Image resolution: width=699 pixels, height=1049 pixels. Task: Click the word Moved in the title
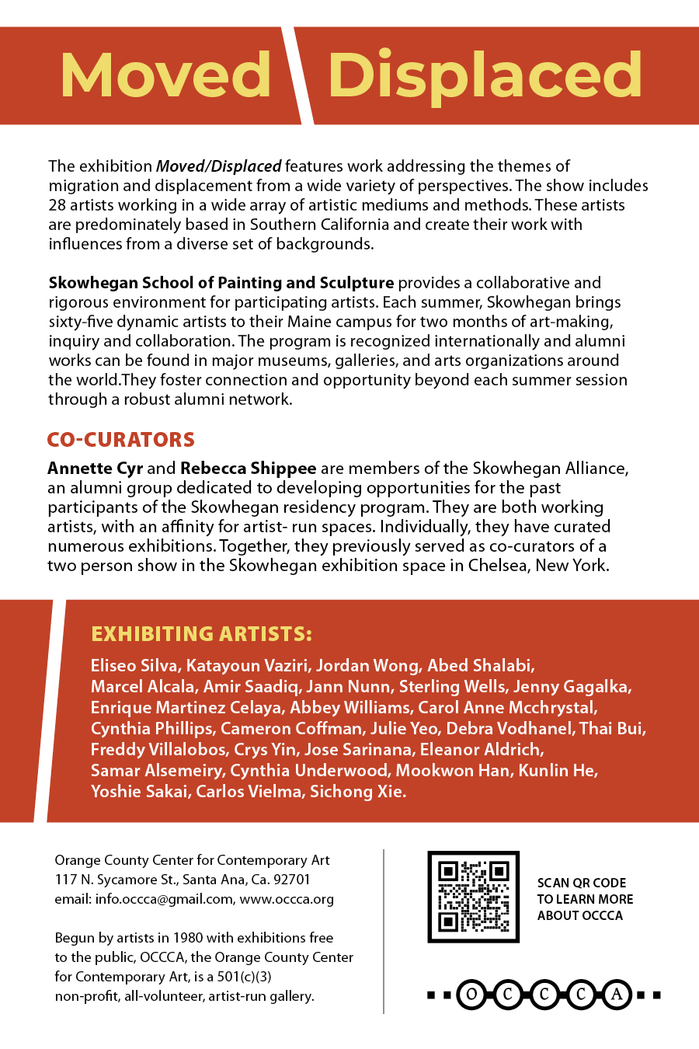point(165,75)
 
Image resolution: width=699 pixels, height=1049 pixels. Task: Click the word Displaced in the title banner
point(485,75)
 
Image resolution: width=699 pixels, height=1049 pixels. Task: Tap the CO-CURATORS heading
point(121,440)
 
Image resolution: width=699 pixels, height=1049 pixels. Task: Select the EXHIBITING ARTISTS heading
point(202,634)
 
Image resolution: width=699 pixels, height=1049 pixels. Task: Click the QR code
point(473,897)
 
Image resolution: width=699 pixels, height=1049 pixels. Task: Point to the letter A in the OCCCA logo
point(617,995)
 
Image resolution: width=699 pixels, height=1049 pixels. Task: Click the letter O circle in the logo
point(471,995)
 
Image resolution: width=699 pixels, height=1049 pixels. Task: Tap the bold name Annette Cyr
point(95,469)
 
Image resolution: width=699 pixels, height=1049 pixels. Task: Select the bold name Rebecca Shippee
point(249,469)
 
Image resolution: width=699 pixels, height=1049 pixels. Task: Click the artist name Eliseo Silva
point(134,666)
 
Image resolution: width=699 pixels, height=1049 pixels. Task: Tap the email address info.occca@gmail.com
point(164,899)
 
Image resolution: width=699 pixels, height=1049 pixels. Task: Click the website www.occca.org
point(287,899)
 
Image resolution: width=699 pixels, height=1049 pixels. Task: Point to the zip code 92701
point(293,880)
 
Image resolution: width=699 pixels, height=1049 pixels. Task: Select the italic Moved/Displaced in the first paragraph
point(218,166)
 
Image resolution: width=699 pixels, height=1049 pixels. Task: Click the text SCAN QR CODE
point(582,883)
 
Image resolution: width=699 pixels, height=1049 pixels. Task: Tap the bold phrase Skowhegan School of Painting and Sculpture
point(221,283)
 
